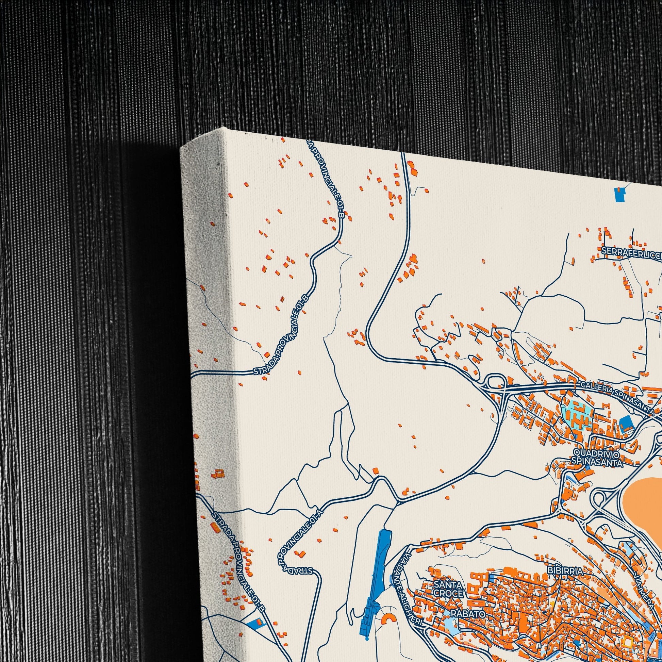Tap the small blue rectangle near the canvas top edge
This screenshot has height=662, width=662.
click(x=619, y=194)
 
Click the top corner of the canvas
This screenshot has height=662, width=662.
click(x=224, y=128)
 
